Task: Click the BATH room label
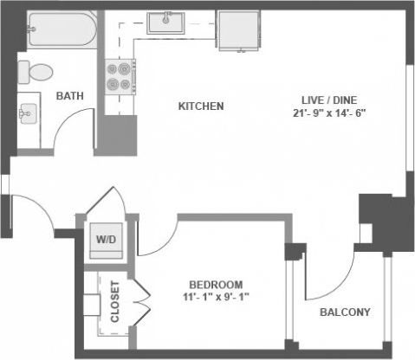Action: tap(70, 96)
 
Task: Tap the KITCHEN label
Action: tap(201, 106)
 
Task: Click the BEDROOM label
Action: tap(216, 285)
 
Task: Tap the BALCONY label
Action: tap(345, 312)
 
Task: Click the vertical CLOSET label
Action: tap(115, 301)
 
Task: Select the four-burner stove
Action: tap(120, 76)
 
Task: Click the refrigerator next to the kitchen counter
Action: tap(237, 33)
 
